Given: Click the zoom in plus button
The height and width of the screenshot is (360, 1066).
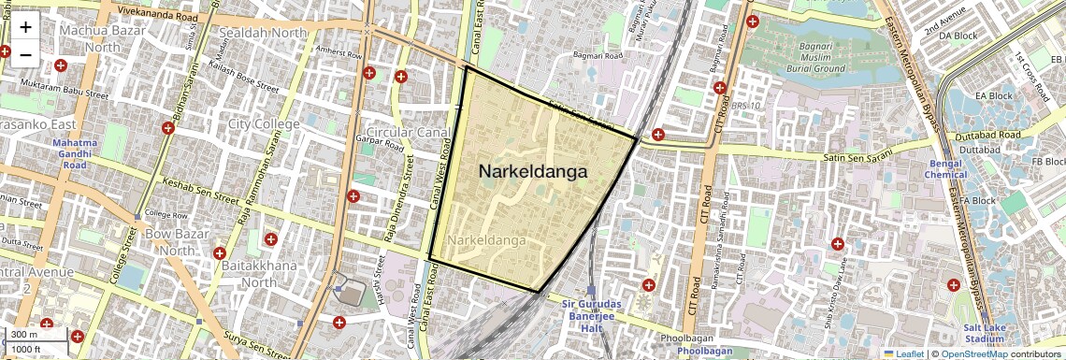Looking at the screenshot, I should click(25, 27).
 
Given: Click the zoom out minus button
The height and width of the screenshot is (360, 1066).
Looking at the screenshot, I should click(25, 54).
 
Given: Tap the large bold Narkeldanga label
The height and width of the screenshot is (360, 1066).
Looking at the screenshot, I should click(533, 172).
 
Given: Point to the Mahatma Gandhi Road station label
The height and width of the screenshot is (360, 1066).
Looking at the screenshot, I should click(75, 153).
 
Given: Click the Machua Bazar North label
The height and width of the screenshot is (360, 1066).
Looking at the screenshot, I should click(91, 39).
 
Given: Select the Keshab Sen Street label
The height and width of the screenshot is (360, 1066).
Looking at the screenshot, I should click(201, 190).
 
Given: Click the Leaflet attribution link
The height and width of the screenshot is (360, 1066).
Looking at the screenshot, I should click(903, 353).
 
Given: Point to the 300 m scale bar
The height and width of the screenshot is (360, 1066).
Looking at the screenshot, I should click(36, 335).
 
